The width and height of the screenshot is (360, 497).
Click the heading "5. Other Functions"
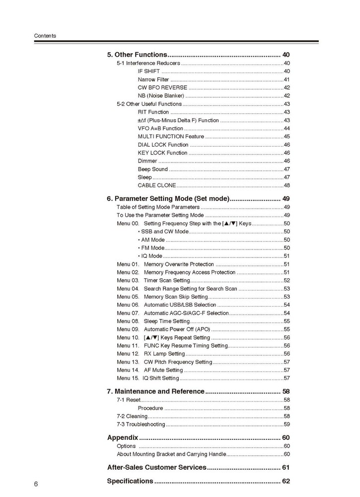(137, 55)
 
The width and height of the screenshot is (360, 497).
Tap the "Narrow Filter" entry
(153, 80)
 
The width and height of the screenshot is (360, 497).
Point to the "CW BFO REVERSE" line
(162, 87)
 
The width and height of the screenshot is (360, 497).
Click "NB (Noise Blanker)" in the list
(161, 96)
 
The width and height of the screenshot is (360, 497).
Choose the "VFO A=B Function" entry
(160, 128)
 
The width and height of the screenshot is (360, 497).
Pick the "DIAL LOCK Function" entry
(163, 145)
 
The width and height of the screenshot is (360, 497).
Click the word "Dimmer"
(147, 161)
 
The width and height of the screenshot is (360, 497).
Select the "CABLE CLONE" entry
(156, 185)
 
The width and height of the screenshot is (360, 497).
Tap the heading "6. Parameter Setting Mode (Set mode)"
(168, 199)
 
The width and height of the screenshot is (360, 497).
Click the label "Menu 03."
(128, 280)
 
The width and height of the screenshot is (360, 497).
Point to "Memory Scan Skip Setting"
(175, 297)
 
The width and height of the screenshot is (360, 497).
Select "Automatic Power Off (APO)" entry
(177, 330)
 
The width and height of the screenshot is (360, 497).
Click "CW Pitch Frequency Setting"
(178, 362)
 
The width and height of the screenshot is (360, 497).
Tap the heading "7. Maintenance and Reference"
(156, 392)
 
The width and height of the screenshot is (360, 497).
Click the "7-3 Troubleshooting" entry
(141, 424)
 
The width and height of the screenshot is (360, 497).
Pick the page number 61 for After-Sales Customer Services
(286, 467)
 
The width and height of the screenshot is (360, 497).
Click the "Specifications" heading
(130, 481)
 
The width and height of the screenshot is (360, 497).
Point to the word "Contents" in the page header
(45, 36)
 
